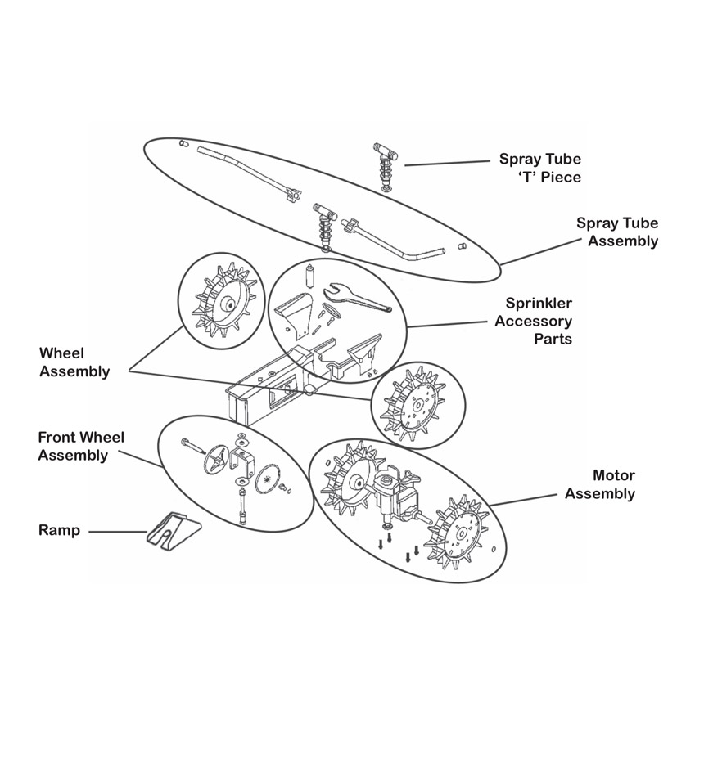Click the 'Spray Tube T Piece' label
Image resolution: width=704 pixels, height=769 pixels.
pyautogui.click(x=540, y=168)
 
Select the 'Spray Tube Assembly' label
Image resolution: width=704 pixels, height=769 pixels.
pyautogui.click(x=616, y=232)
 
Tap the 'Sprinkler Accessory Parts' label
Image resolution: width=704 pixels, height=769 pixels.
pyautogui.click(x=533, y=321)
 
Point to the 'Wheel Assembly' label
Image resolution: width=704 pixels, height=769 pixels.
pyautogui.click(x=74, y=362)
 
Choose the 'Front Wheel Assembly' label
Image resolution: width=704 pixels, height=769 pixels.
pyautogui.click(x=81, y=446)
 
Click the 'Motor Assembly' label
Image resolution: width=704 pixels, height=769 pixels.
pyautogui.click(x=600, y=484)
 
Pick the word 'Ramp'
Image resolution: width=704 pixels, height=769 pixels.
pyautogui.click(x=60, y=530)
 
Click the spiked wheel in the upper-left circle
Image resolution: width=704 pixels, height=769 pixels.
pyautogui.click(x=219, y=299)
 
